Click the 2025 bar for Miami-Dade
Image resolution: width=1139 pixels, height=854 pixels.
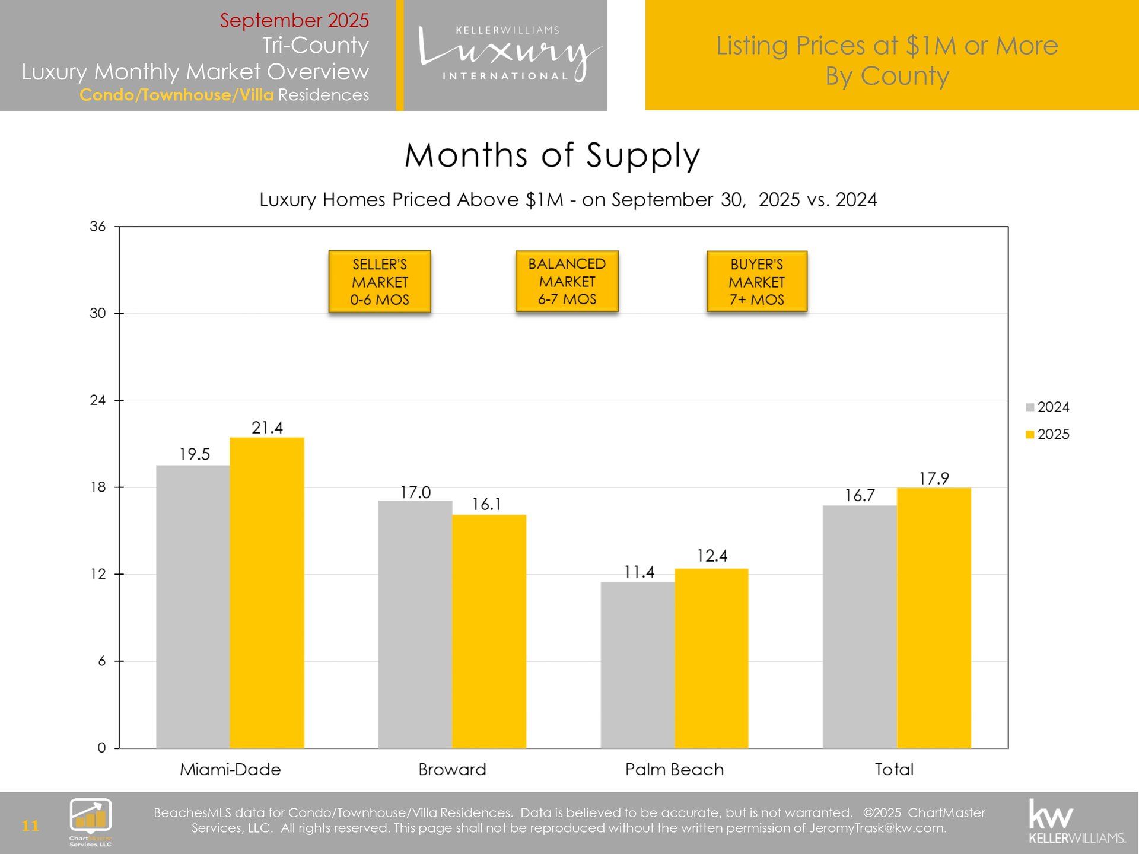tap(267, 592)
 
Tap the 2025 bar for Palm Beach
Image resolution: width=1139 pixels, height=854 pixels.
tap(711, 658)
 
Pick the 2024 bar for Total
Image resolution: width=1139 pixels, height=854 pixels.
tap(860, 626)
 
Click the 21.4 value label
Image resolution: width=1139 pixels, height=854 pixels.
tap(267, 428)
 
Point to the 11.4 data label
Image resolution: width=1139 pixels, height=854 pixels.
tap(639, 572)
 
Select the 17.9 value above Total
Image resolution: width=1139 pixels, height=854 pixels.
tap(934, 479)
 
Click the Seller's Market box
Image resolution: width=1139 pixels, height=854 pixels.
tap(380, 282)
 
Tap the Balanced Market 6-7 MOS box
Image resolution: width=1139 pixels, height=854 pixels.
tap(567, 282)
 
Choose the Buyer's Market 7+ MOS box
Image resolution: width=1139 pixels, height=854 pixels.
tap(757, 282)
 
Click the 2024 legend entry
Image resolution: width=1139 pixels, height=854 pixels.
tap(1048, 407)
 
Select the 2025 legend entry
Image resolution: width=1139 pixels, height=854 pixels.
tap(1048, 435)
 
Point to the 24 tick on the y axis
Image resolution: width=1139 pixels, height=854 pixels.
tap(98, 400)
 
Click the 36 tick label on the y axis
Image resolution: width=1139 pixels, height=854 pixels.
tap(98, 227)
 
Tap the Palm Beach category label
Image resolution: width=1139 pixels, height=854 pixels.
tap(675, 770)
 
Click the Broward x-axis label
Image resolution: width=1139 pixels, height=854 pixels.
tap(452, 770)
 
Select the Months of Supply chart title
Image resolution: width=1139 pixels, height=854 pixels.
tap(552, 155)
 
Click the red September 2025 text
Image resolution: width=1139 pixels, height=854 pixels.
tap(294, 20)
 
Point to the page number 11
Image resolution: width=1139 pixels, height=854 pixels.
tap(30, 826)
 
